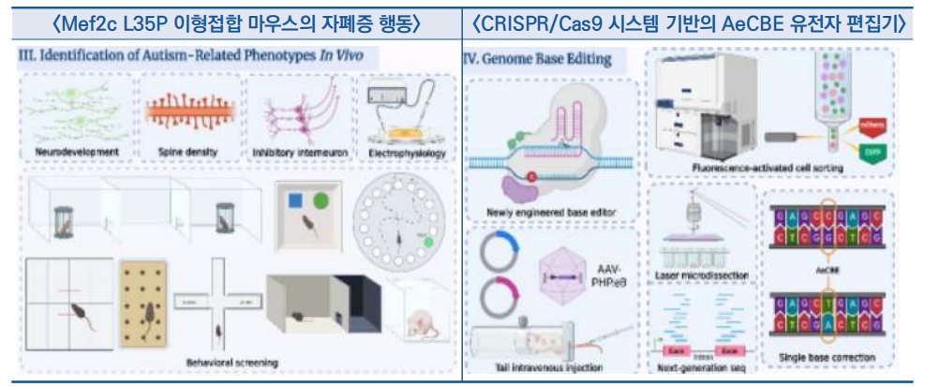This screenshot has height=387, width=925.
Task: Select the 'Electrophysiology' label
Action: [407, 151]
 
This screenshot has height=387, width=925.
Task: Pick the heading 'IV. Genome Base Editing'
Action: [538, 59]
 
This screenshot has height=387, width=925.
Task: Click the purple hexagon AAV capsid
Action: [565, 278]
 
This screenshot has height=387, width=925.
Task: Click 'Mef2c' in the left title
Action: [85, 21]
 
